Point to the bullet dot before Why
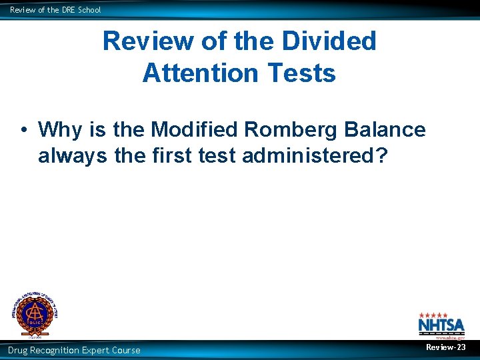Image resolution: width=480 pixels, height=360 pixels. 23,129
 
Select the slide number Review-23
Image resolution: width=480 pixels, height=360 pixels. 446,347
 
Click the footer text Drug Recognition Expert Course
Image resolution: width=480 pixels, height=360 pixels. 74,350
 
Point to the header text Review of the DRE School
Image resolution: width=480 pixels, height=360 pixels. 55,9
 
